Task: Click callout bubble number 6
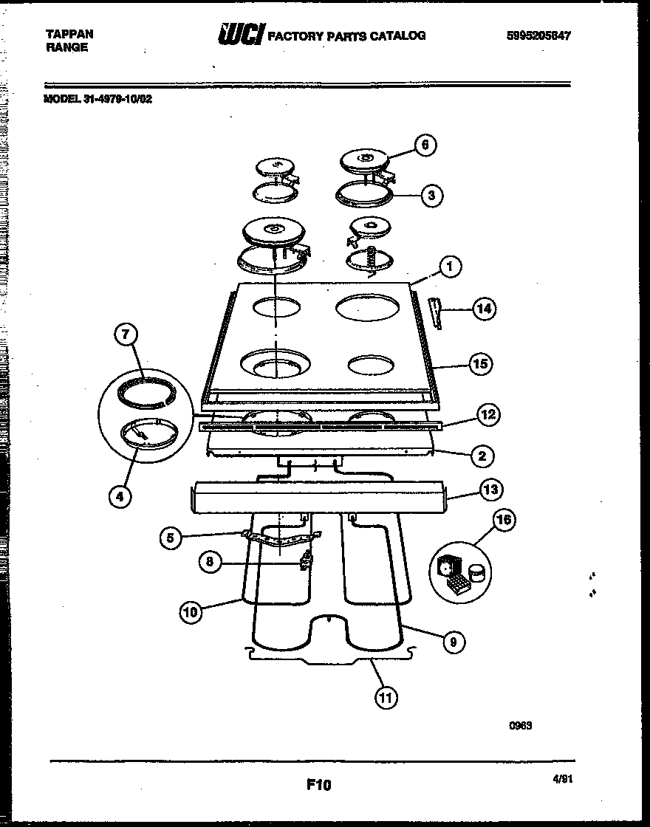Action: tap(425, 144)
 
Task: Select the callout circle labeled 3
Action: tap(432, 196)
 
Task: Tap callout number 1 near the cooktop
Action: tap(448, 266)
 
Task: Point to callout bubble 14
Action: tap(483, 309)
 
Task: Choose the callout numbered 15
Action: tap(482, 364)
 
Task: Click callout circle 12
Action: tap(487, 415)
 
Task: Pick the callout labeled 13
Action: tap(490, 489)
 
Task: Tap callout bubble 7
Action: tap(126, 335)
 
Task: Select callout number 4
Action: tap(120, 496)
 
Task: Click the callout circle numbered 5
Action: tap(171, 538)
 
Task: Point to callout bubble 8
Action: tap(210, 562)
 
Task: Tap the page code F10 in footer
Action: tap(319, 786)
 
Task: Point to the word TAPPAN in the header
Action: tap(69, 33)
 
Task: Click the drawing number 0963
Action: tap(520, 726)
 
